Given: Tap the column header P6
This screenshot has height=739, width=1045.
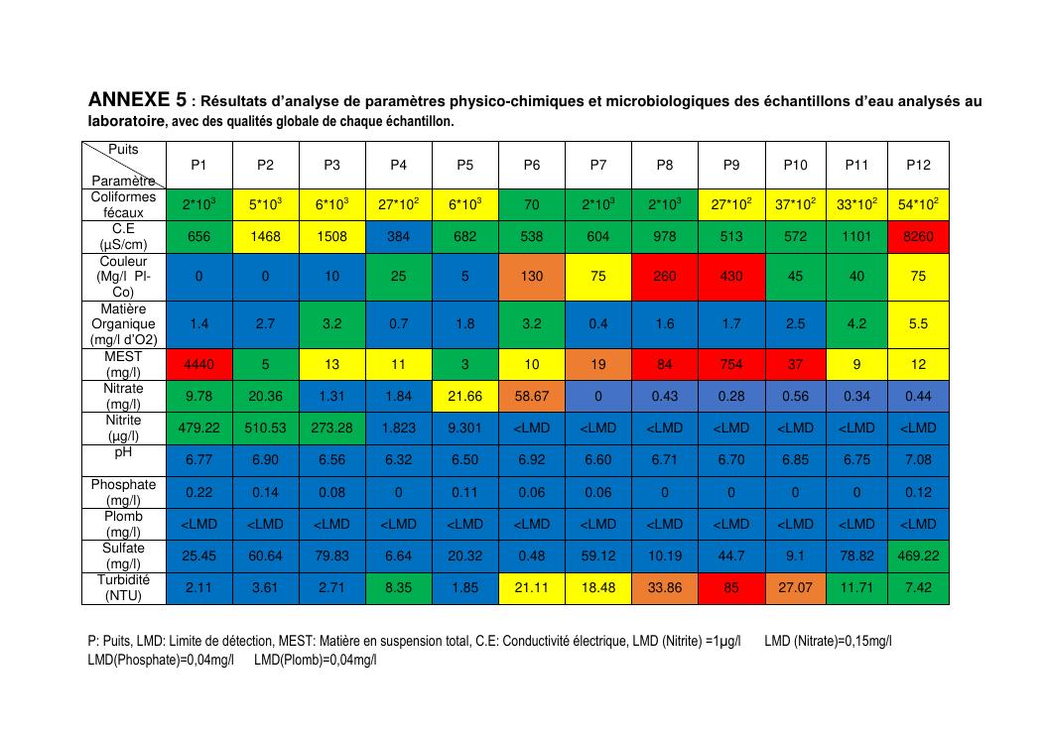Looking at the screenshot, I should tap(532, 165).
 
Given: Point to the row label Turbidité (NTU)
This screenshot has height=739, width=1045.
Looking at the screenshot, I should tap(124, 587).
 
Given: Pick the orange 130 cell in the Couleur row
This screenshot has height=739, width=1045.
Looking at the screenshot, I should tap(532, 277).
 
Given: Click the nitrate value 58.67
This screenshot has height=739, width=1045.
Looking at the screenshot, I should tap(532, 397).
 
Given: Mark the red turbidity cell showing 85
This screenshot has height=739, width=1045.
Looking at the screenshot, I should tap(731, 587).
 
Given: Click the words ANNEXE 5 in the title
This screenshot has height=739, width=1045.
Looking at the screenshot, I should tap(137, 100).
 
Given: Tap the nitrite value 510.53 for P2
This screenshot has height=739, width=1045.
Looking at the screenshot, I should tap(265, 429).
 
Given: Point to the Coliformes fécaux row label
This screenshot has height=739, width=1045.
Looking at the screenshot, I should tap(124, 204).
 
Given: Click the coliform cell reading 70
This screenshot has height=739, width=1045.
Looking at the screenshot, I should tap(532, 204).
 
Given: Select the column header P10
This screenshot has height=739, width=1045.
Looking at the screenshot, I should tap(796, 165).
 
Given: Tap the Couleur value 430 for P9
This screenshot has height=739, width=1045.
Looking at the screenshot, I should tap(731, 277).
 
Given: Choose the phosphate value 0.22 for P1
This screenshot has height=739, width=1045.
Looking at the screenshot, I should tap(198, 493).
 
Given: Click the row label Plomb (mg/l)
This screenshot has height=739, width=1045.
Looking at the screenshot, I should tap(124, 524).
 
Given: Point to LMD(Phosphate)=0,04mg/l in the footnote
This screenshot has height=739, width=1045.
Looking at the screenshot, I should tap(161, 660).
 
